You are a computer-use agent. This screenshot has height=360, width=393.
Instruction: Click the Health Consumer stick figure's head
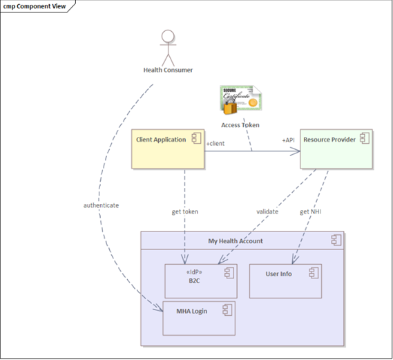click(x=168, y=36)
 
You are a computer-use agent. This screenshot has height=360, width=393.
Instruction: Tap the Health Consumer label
click(x=168, y=70)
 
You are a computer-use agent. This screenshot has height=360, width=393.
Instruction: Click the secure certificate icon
click(x=240, y=100)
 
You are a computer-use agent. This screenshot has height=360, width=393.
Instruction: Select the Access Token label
click(x=240, y=125)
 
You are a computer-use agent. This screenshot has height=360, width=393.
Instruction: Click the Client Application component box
click(x=168, y=149)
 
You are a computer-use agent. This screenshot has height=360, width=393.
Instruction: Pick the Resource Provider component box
click(x=336, y=149)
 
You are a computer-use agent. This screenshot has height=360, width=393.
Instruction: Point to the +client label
click(x=215, y=144)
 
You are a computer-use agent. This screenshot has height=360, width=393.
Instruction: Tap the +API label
click(x=288, y=140)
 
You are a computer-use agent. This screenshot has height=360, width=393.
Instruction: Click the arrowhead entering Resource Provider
click(x=295, y=151)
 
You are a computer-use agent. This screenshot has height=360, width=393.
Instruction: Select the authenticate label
click(x=101, y=205)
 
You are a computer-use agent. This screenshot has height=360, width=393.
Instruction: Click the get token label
click(x=185, y=212)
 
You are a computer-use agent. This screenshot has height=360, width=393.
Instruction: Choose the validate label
click(x=267, y=211)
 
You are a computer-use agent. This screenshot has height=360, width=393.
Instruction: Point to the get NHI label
click(x=311, y=212)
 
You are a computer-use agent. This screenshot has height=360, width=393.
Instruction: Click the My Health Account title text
click(x=236, y=241)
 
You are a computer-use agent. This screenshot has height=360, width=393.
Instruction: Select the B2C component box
click(x=201, y=281)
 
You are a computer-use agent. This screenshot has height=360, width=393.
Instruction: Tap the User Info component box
click(x=285, y=281)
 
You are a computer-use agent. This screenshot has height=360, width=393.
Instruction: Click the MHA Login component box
click(x=199, y=319)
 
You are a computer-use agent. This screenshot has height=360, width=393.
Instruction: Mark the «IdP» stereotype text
click(x=194, y=272)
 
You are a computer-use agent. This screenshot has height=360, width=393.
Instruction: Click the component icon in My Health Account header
click(x=336, y=240)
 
